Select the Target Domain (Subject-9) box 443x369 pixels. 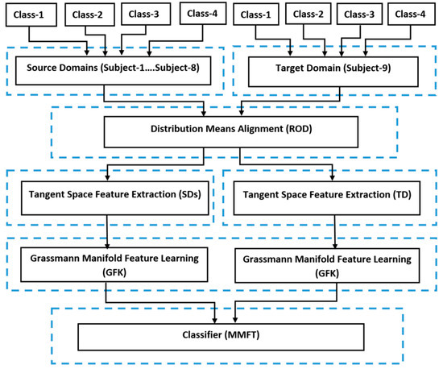pos(333,70)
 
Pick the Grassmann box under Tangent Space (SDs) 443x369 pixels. pos(110,264)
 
